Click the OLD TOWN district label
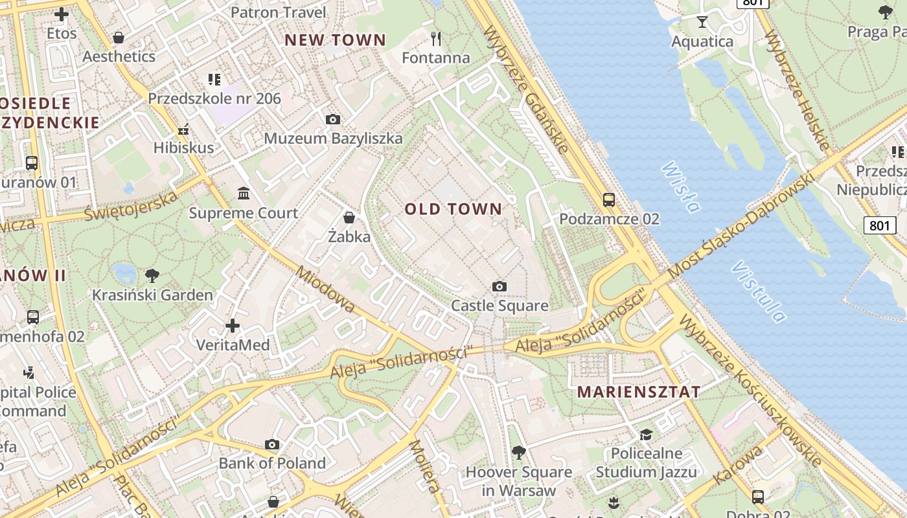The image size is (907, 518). (x=454, y=208)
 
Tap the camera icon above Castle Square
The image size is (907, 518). (x=499, y=286)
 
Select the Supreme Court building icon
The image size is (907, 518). (x=244, y=193)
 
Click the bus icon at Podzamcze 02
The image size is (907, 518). (x=609, y=199)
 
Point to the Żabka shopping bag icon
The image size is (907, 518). (x=349, y=217)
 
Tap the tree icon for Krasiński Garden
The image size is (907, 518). (x=152, y=276)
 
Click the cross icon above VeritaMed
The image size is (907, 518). (x=233, y=325)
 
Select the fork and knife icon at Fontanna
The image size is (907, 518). (x=436, y=39)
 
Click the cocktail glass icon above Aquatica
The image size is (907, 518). (x=702, y=22)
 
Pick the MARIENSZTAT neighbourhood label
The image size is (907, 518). (x=639, y=392)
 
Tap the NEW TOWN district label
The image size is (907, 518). (x=335, y=40)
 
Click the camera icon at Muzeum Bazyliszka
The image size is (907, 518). (x=333, y=119)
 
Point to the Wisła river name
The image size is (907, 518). (x=681, y=187)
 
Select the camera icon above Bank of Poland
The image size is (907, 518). (x=272, y=444)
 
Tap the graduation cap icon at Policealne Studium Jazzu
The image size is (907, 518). (x=646, y=434)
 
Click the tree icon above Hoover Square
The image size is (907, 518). (x=518, y=452)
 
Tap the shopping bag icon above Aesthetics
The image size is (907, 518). (x=119, y=38)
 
